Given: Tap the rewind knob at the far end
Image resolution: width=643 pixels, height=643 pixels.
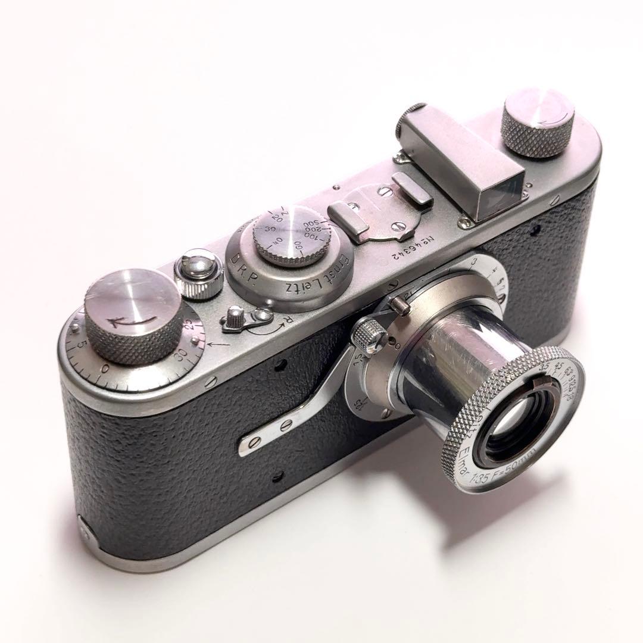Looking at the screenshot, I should tap(537, 123).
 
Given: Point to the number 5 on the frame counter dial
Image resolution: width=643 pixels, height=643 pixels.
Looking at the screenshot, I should tap(80, 344).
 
